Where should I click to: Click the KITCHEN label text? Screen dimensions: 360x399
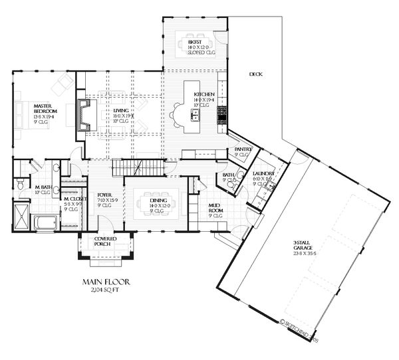pos(203,95)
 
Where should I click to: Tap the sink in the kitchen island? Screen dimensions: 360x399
pos(196,117)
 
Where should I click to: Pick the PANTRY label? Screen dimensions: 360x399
pos(243,150)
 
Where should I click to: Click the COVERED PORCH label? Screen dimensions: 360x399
pos(106,241)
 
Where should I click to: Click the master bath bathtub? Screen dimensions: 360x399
pos(44,222)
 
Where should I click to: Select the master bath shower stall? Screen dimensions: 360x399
pos(22,217)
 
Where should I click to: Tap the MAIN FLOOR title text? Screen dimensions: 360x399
pos(106,282)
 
